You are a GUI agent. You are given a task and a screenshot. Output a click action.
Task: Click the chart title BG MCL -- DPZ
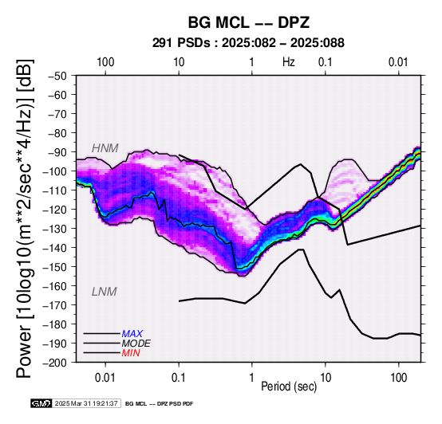249,22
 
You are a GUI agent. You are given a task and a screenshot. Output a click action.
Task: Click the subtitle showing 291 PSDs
248,43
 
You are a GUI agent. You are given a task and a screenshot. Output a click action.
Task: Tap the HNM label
105,148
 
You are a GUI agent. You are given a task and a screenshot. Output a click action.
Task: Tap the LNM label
105,292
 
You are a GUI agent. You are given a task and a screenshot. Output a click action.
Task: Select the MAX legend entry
132,334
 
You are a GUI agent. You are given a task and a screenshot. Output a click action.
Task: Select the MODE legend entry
136,344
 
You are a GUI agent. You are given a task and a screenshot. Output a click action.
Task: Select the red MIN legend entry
131,353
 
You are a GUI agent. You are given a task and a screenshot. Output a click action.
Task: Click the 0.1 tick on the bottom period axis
179,378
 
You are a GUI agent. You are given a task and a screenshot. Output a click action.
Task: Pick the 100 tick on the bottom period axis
399,378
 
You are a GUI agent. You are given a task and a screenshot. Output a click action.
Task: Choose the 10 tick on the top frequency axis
179,62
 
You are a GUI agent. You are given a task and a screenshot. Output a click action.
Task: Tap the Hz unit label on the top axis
289,62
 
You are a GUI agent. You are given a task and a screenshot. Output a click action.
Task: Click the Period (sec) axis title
289,387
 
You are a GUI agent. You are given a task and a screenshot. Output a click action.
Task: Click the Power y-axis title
24,218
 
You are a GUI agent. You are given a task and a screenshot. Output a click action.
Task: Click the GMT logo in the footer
41,403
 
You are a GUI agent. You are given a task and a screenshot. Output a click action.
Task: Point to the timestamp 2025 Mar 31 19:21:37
86,403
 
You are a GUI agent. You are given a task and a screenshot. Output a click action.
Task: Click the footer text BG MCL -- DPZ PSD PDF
160,404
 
